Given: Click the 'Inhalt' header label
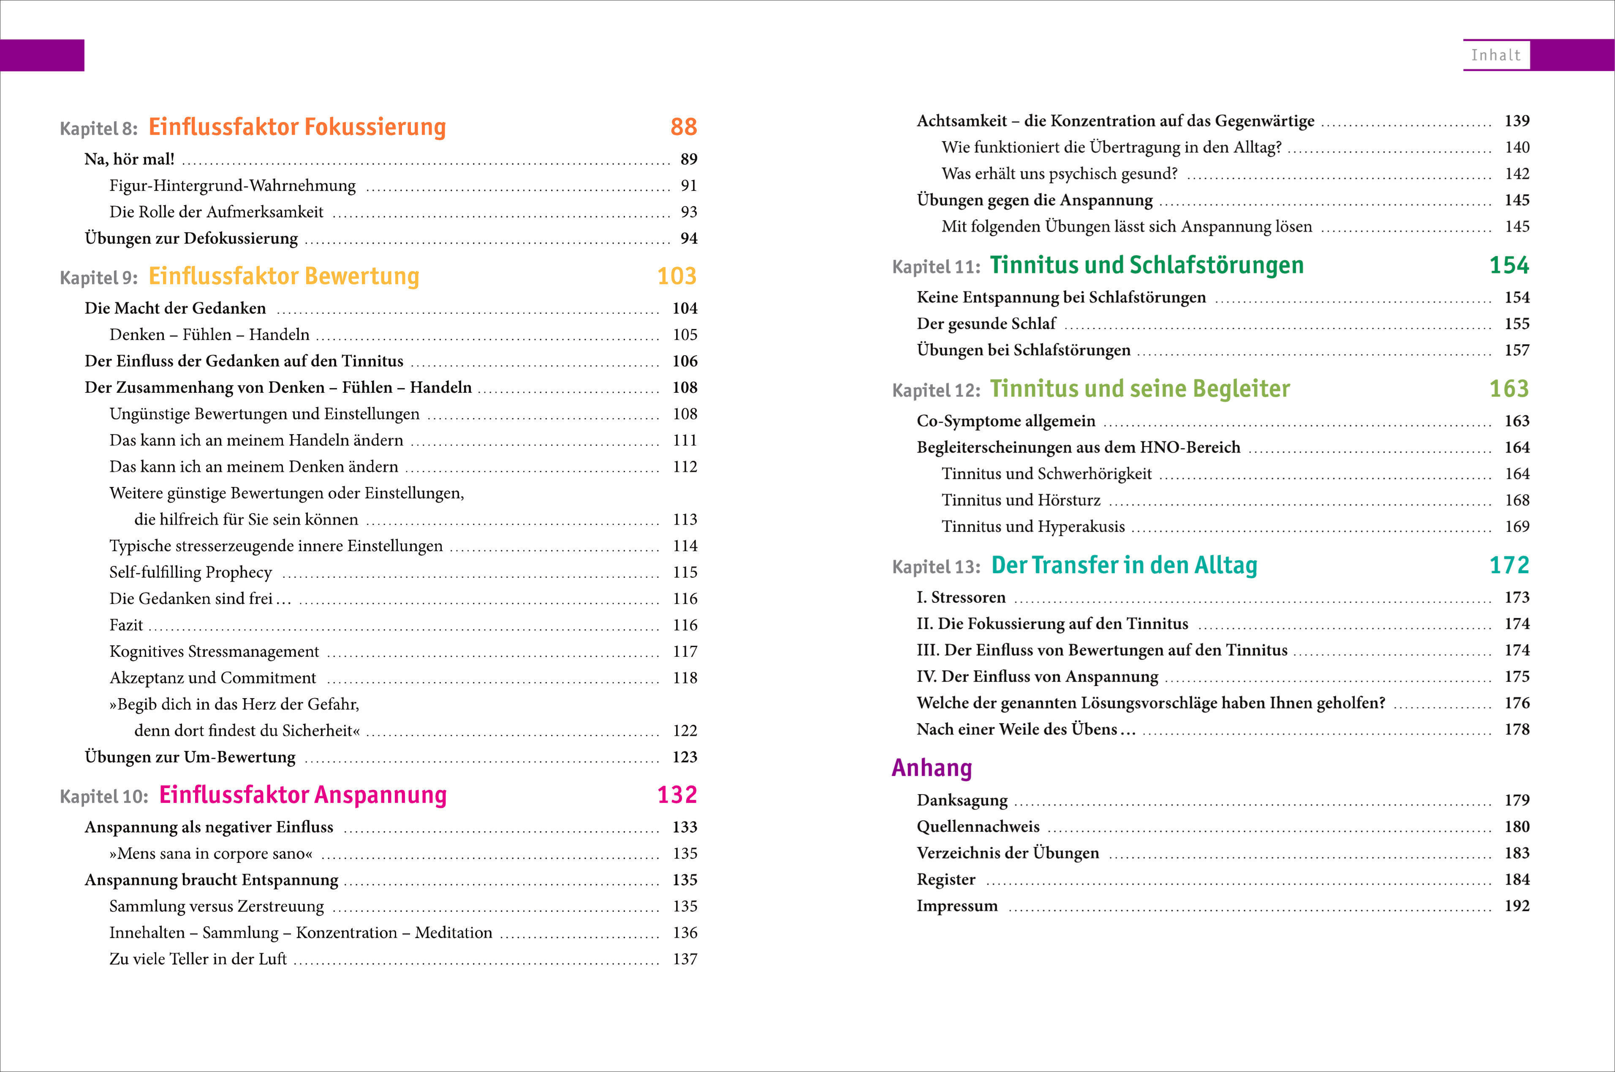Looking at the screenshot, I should pos(1495,55).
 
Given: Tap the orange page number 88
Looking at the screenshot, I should pos(683,127).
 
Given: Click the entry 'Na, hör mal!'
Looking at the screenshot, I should pos(129,159).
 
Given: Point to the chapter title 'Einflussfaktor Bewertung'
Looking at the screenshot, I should pos(284,276).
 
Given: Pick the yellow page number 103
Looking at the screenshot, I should pos(677,276).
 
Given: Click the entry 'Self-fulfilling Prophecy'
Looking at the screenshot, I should pos(190,572).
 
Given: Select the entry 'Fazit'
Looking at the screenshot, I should pos(126,625).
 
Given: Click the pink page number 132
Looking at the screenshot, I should pos(677,795).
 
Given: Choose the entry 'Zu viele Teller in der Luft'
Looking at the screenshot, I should pos(198,959).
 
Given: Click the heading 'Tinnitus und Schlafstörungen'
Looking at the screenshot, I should pos(1146,265).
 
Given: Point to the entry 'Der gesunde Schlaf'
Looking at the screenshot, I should pos(986,324).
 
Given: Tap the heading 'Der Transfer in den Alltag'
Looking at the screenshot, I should pos(1123,566).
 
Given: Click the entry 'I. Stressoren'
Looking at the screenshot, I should pos(961,598).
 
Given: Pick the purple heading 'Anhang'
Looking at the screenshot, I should pos(932,768).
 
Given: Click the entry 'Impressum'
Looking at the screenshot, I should pos(957,906).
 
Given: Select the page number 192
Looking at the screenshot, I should pos(1517,906).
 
